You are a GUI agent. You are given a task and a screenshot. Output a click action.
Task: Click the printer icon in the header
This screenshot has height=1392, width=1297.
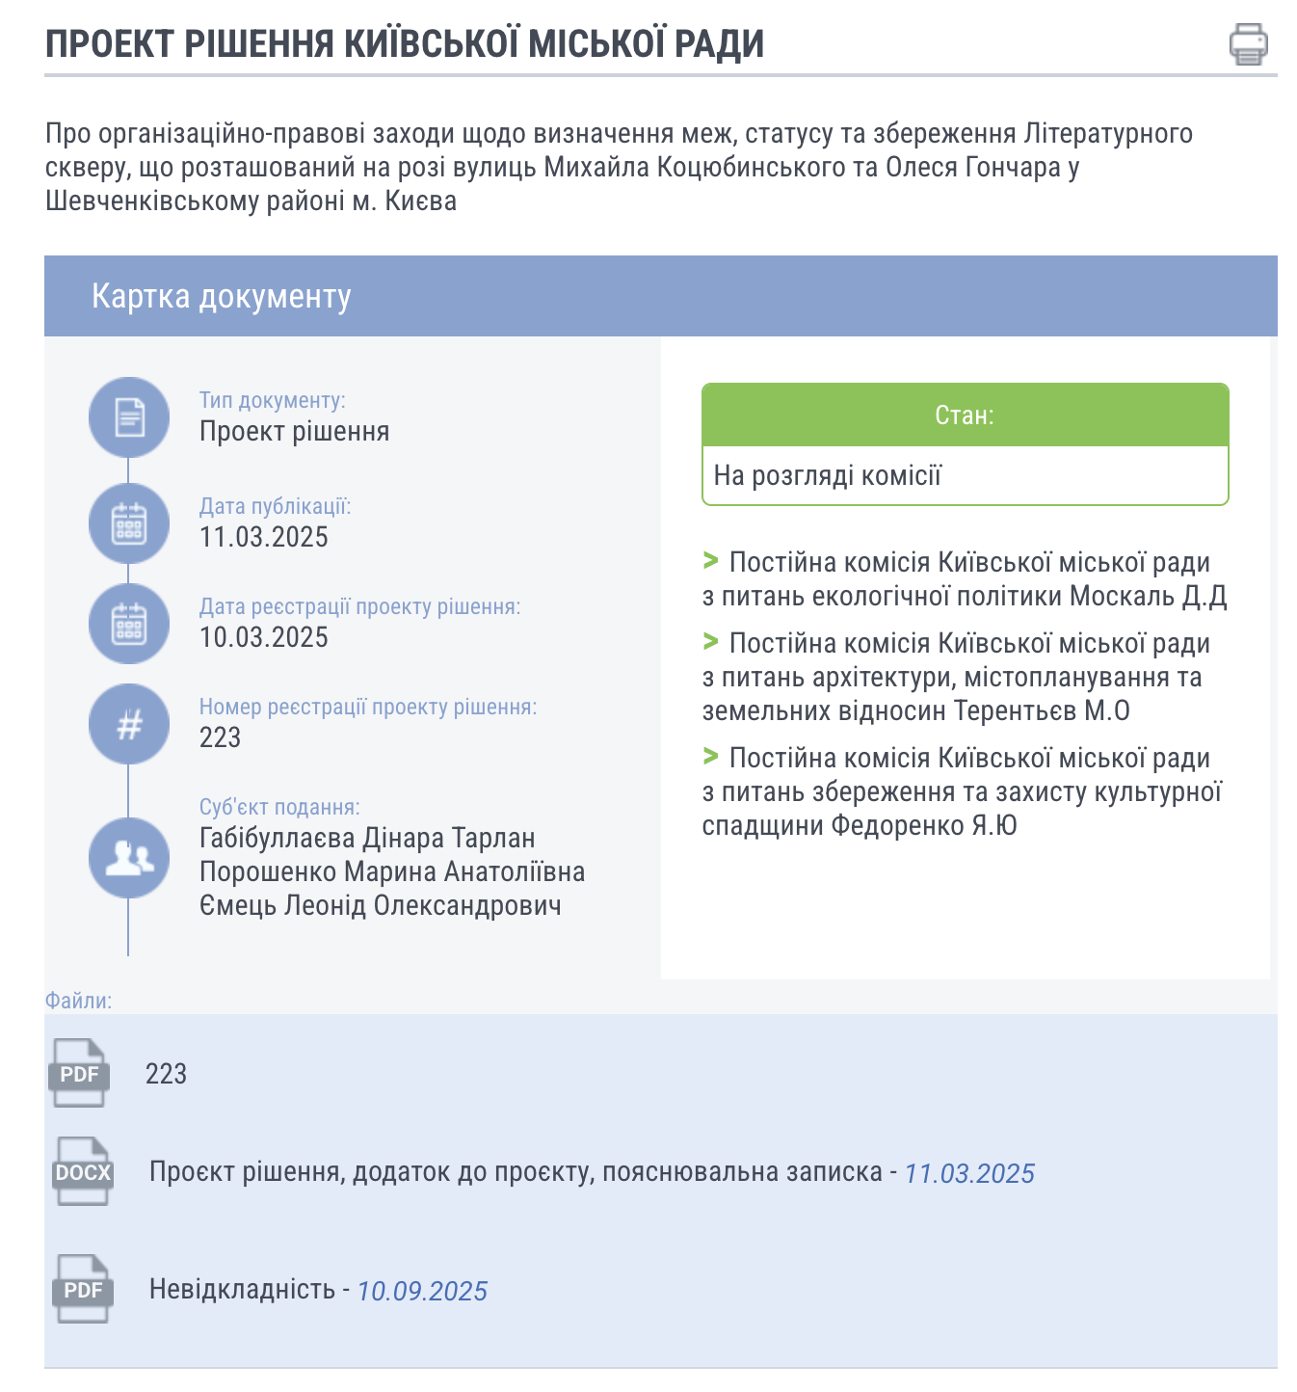[x=1248, y=44]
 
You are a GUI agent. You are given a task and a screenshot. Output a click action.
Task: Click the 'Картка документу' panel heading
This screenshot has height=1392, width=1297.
[x=221, y=296]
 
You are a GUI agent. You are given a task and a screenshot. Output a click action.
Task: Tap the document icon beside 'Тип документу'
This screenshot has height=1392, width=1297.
[x=129, y=417]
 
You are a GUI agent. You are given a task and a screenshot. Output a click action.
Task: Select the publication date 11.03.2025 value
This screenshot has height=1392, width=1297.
[x=263, y=537]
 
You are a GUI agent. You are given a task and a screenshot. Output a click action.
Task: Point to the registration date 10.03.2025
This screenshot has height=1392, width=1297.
[x=263, y=637]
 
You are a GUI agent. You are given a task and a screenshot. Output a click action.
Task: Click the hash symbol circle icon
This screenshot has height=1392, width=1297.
[x=129, y=724]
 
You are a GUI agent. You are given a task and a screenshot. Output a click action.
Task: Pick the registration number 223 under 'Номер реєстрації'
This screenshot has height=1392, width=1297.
[x=220, y=737]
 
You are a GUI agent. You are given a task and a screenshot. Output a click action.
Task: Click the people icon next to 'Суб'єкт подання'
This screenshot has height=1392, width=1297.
[x=129, y=857]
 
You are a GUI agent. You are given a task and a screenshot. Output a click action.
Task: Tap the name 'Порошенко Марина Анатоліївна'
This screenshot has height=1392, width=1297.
[x=391, y=871]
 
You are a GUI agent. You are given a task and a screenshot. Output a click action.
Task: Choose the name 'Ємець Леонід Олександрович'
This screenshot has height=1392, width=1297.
[x=380, y=905]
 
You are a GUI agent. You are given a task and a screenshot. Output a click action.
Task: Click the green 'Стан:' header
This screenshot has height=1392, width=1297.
[x=965, y=415]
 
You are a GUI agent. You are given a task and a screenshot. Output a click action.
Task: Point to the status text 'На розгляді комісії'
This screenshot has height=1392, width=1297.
[x=827, y=475]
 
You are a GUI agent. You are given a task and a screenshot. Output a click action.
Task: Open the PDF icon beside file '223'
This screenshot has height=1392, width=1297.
[x=79, y=1073]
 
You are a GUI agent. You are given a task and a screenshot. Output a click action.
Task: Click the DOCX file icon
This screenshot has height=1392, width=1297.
[x=83, y=1172]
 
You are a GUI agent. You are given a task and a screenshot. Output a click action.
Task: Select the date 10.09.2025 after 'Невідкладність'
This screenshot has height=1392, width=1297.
[x=422, y=1291]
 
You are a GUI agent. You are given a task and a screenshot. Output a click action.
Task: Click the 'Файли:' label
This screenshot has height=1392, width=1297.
[x=78, y=1001]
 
